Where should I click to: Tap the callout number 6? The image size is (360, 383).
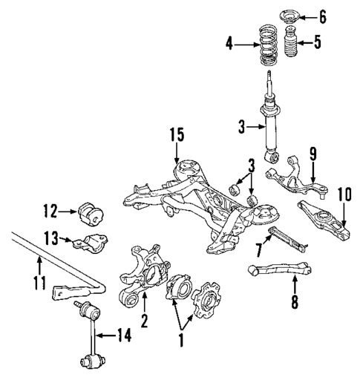[x=343, y=15]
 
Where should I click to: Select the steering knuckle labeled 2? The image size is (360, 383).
[x=144, y=278]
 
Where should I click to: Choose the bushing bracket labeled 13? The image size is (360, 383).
[x=92, y=243]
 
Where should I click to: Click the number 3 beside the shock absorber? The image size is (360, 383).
[x=241, y=128]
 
